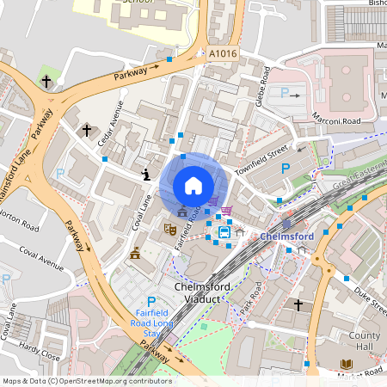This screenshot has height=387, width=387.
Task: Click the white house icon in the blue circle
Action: [193, 185]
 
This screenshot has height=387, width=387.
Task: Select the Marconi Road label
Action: [337, 120]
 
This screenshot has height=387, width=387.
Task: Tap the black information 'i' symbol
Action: [147, 175]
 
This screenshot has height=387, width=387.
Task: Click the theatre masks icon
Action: [170, 230]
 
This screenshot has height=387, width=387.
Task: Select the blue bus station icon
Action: [224, 231]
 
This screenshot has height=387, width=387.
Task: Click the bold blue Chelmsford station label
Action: [284, 236]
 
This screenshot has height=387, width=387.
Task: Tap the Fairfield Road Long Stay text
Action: [151, 323]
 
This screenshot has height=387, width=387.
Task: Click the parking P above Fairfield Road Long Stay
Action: [151, 302]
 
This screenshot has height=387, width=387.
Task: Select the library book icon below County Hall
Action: [347, 365]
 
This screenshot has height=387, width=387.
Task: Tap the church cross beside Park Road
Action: [298, 305]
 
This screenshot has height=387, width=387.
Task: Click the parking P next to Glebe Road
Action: [285, 92]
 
